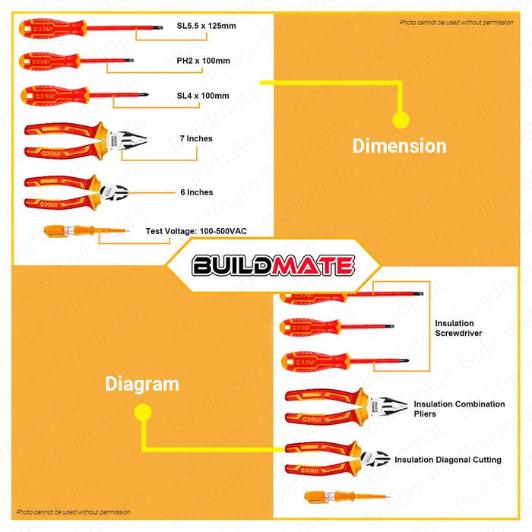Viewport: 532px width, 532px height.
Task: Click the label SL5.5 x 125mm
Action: coord(205,27)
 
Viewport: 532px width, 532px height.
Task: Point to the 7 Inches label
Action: coord(196,139)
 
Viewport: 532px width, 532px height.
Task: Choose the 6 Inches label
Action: coord(196,192)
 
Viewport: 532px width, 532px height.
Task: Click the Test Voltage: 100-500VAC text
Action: coord(196,230)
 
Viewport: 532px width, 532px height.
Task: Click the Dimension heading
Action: coord(399,146)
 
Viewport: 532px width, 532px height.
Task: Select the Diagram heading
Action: coord(142,384)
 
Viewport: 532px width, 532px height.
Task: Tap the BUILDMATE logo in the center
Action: coord(273,265)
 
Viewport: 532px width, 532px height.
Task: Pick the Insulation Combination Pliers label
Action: coord(459,409)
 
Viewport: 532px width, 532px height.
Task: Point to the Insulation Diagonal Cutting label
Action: coord(448,460)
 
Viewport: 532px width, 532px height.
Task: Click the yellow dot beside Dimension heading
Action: coord(401,119)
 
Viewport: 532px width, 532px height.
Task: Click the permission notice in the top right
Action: coord(456,23)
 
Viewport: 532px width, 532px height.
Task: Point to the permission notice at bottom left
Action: coord(74,512)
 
